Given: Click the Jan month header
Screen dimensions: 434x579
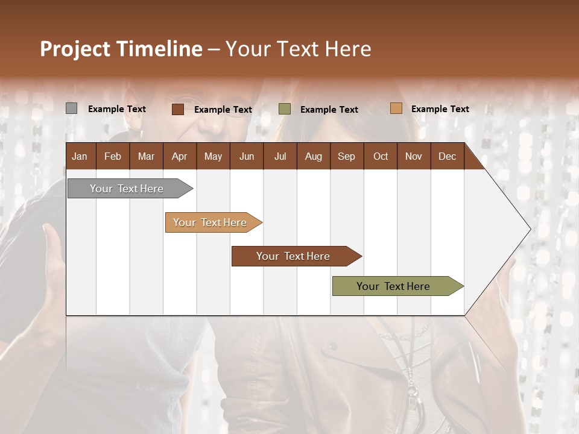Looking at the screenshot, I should point(80,156).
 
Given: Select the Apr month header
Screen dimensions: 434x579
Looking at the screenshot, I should point(180,156).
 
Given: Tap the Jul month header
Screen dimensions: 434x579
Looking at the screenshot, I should point(280,156).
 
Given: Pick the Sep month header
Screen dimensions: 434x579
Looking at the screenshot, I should point(346,156).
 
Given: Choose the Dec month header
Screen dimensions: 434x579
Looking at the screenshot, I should point(447,156).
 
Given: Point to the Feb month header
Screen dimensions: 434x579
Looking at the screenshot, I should point(113,156).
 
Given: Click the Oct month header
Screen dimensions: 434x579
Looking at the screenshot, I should point(381,156).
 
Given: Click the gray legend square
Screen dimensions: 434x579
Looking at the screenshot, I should point(71,108).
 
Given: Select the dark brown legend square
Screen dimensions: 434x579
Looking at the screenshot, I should point(177,109).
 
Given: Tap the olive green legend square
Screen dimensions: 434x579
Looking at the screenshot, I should point(285,109).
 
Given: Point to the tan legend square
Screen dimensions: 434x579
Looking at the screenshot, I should point(396,108).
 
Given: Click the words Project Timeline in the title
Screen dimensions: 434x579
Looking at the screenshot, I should point(121,49).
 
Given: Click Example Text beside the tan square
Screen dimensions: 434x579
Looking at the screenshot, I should point(440,109).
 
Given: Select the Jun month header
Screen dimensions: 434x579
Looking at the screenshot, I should point(247,156).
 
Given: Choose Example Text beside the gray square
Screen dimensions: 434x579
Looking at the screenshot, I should point(116,109).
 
